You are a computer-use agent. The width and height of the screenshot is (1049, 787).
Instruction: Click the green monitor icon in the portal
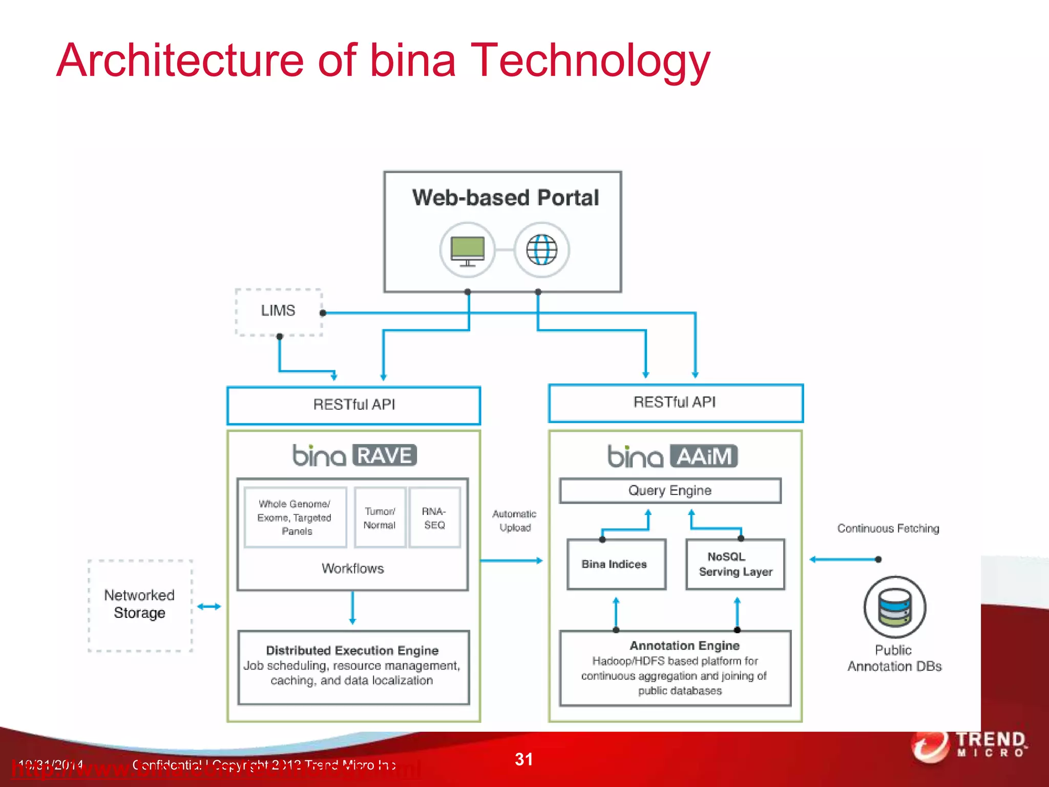[x=467, y=250]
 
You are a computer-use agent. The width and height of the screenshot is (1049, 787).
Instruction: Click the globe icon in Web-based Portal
[x=542, y=250]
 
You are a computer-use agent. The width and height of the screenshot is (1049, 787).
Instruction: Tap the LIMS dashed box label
[x=278, y=310]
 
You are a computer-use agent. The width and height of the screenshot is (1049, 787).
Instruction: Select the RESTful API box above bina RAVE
[x=354, y=405]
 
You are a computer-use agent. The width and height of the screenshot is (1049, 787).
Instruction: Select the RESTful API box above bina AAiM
[x=675, y=403]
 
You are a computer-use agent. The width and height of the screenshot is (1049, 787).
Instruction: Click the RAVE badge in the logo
[x=385, y=455]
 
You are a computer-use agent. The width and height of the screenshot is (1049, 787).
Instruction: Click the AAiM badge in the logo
[x=704, y=456]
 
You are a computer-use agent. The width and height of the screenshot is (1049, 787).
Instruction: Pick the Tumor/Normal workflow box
[x=380, y=518]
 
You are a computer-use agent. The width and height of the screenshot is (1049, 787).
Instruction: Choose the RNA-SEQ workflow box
[x=434, y=518]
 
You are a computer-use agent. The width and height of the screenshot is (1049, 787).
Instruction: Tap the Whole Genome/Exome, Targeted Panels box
[x=295, y=517]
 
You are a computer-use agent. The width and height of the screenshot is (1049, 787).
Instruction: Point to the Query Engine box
[x=670, y=490]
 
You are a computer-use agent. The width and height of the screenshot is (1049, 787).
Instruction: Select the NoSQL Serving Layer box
[x=735, y=564]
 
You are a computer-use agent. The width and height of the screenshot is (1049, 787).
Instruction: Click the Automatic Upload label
[x=515, y=521]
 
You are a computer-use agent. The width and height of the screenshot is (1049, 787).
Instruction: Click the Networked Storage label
[x=139, y=604]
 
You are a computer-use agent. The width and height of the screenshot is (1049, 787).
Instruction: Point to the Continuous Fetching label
[x=888, y=528]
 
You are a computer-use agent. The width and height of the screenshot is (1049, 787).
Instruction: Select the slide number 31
[x=523, y=759]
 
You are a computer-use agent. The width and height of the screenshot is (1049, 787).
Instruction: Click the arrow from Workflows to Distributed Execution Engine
[x=352, y=609]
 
